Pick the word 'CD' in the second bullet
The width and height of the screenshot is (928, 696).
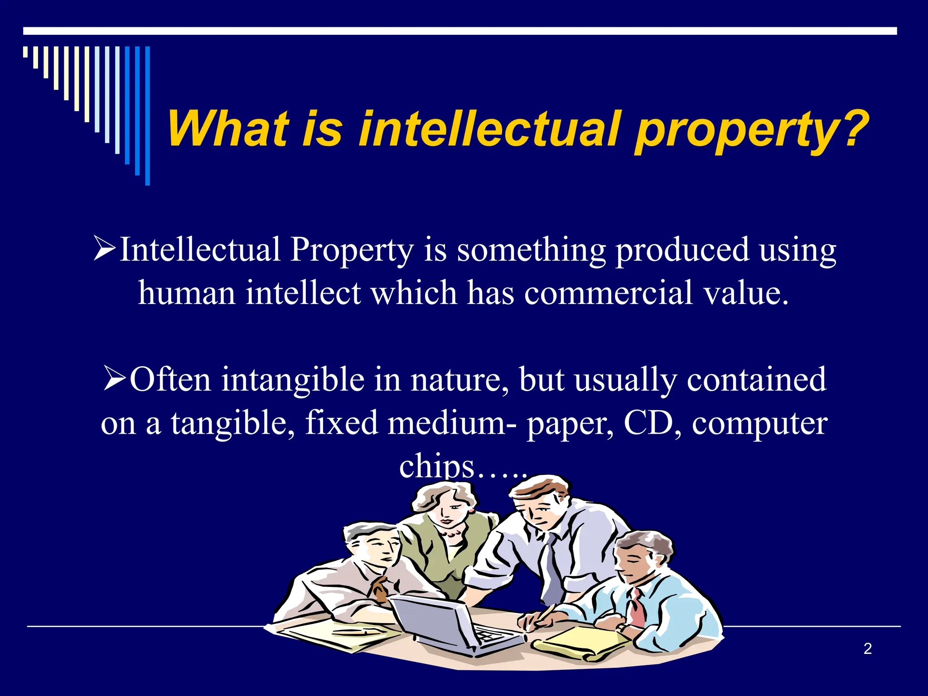[648, 422]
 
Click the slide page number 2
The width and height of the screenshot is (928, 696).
[867, 649]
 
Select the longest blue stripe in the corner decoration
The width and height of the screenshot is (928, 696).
[147, 116]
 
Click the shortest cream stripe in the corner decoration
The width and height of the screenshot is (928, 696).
[25, 52]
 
